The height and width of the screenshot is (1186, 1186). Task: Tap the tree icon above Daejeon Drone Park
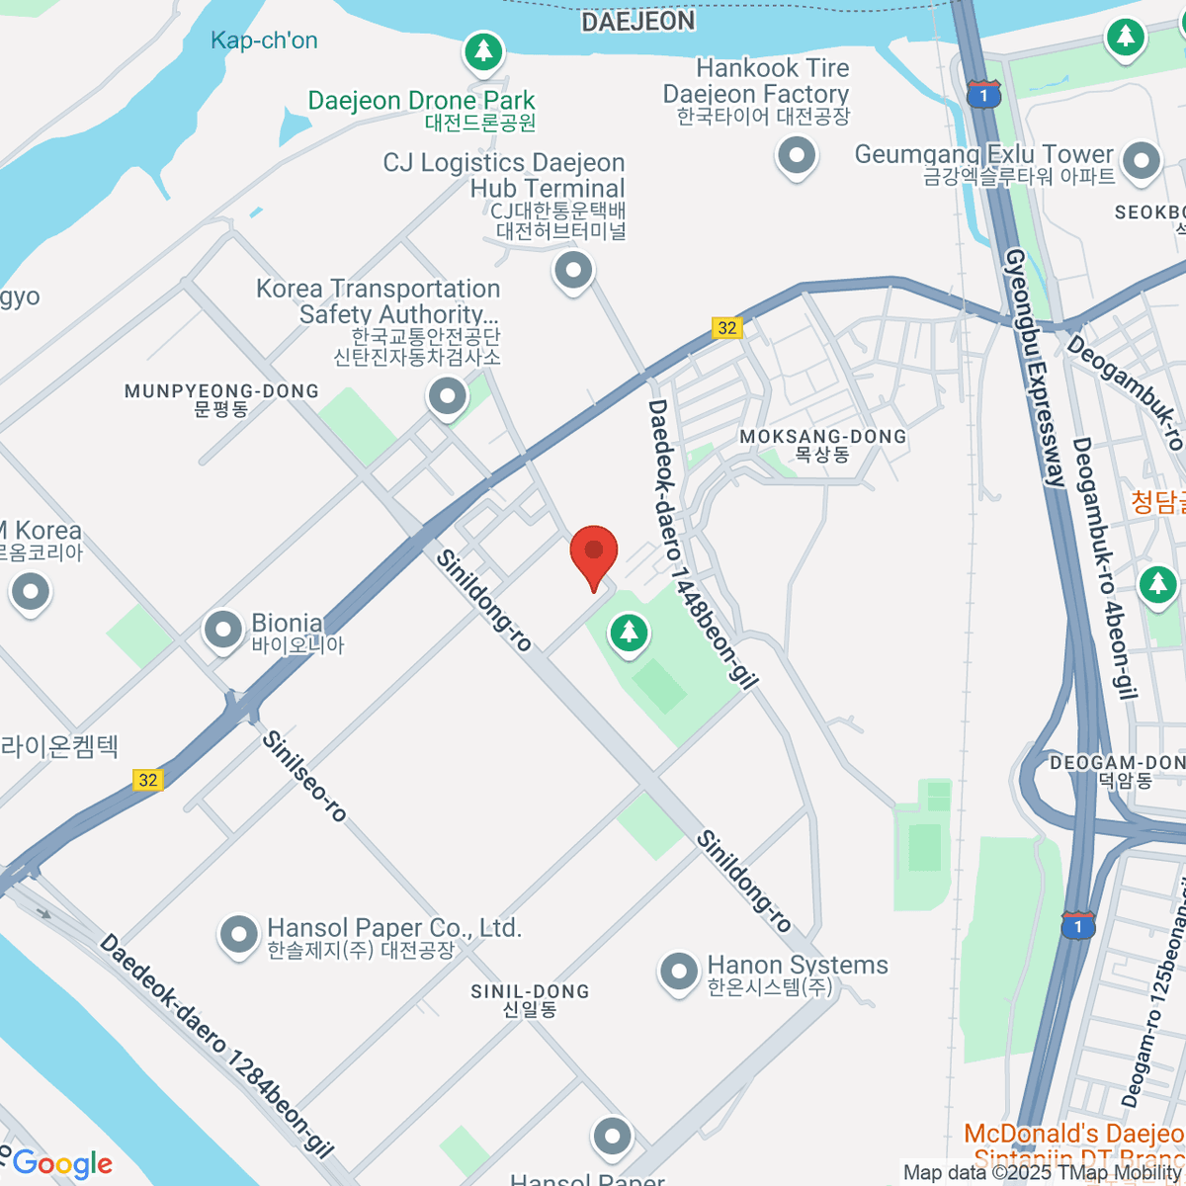click(x=483, y=49)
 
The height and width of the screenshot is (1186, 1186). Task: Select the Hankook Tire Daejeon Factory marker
click(x=796, y=155)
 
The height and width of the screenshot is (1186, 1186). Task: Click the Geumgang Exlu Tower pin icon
click(x=1142, y=160)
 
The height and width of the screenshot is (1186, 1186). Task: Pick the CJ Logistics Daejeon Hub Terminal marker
click(x=573, y=269)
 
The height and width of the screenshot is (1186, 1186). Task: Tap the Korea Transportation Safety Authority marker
click(x=447, y=397)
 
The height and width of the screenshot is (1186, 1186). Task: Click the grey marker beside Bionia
click(x=223, y=630)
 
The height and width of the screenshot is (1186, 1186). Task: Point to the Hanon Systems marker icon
click(x=678, y=972)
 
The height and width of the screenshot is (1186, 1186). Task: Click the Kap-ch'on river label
click(x=264, y=41)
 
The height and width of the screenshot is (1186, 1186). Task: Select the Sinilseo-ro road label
click(x=304, y=777)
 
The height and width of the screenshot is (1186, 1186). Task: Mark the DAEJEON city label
click(x=637, y=22)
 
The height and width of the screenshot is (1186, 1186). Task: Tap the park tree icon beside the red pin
click(x=629, y=633)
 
